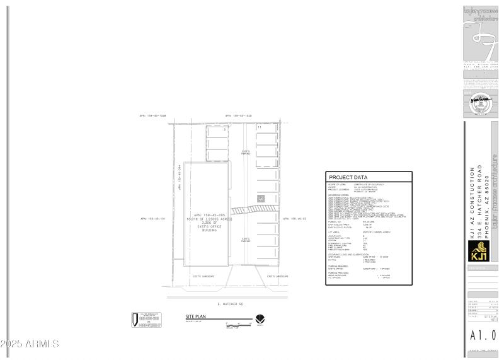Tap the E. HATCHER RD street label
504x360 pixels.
click(x=230, y=304)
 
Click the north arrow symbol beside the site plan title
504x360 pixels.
click(x=260, y=319)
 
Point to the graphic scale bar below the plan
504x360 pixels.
click(x=236, y=324)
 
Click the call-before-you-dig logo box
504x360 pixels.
click(x=146, y=320)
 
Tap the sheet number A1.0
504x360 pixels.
click(x=483, y=335)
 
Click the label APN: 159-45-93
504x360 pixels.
click(x=295, y=219)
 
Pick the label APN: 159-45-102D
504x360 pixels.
click(x=239, y=116)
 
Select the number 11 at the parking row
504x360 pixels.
click(x=260, y=127)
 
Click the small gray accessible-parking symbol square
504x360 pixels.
click(x=261, y=199)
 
